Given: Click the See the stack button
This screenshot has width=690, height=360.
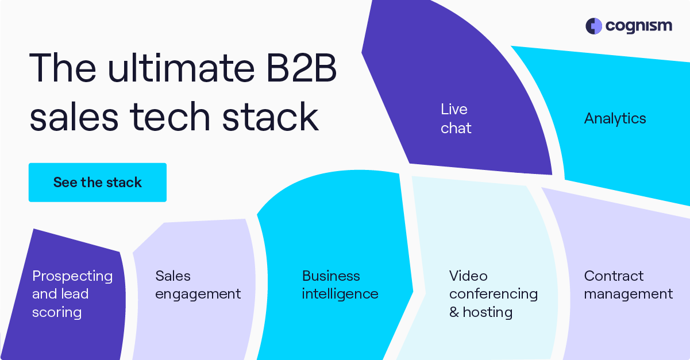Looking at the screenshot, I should click(x=98, y=183).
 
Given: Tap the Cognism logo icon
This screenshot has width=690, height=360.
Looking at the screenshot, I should click(x=593, y=26).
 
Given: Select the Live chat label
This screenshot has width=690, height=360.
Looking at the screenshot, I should click(x=456, y=119).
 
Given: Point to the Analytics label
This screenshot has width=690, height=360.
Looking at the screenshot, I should click(x=615, y=119).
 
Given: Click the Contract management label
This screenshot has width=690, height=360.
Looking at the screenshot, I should click(x=628, y=285).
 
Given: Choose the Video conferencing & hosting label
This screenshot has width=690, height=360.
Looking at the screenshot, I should click(x=493, y=294).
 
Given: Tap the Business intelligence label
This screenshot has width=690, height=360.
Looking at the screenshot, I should click(x=340, y=285).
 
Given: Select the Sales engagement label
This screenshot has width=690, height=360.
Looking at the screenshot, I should click(x=198, y=285).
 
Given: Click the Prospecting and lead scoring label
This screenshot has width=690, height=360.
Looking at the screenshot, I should click(x=72, y=294).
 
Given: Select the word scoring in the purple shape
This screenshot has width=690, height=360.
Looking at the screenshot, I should click(x=57, y=313).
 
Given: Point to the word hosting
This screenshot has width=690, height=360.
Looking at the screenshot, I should click(x=487, y=313).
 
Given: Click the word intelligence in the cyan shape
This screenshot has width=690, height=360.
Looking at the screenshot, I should click(x=340, y=295).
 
